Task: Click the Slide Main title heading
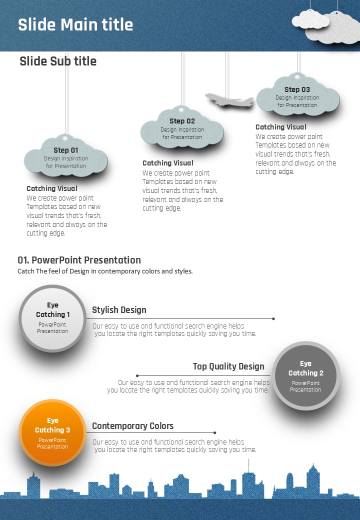(x=75, y=24)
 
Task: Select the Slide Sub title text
(x=58, y=61)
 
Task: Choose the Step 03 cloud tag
(x=297, y=94)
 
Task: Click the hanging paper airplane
(x=229, y=100)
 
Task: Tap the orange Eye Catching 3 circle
(x=52, y=432)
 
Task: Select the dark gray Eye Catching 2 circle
(x=305, y=375)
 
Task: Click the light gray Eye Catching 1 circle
(x=52, y=318)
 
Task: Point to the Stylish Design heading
(x=119, y=309)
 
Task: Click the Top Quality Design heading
(x=228, y=366)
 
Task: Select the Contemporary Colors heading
(x=132, y=426)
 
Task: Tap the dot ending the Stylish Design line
(x=273, y=318)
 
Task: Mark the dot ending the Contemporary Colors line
(x=215, y=433)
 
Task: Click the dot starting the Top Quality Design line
(x=137, y=375)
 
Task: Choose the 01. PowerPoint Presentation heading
(x=79, y=260)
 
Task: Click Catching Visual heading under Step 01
(x=52, y=188)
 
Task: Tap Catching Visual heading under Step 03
(x=281, y=127)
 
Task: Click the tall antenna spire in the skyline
(x=248, y=466)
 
